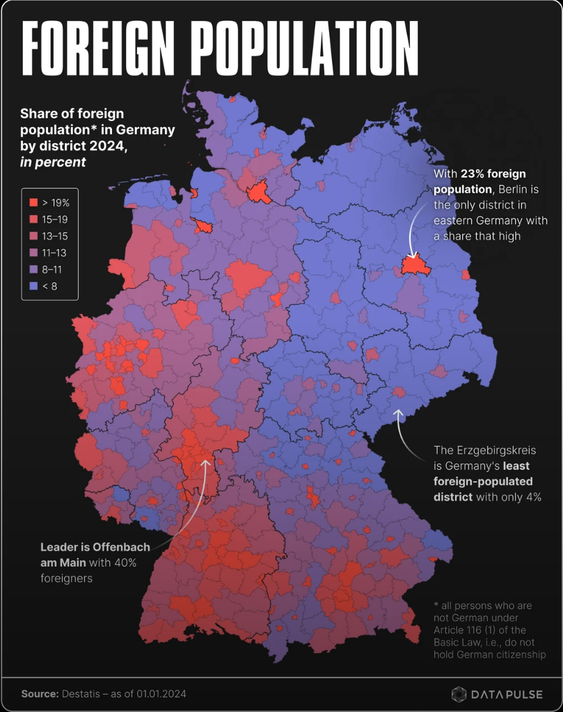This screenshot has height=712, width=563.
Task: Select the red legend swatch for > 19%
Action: click(33, 203)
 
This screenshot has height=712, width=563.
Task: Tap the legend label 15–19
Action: click(54, 219)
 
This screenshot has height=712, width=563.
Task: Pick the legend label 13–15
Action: click(54, 236)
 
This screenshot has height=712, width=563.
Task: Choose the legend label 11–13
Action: click(54, 253)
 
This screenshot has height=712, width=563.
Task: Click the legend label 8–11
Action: click(54, 269)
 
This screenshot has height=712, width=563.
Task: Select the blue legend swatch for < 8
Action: click(33, 286)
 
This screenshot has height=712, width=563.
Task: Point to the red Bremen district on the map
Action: click(203, 226)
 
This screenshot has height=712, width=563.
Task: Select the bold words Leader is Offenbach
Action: click(95, 547)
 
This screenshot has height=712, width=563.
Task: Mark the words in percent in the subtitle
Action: click(53, 161)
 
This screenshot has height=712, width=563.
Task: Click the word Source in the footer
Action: click(38, 693)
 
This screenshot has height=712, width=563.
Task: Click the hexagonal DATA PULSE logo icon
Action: click(459, 694)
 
